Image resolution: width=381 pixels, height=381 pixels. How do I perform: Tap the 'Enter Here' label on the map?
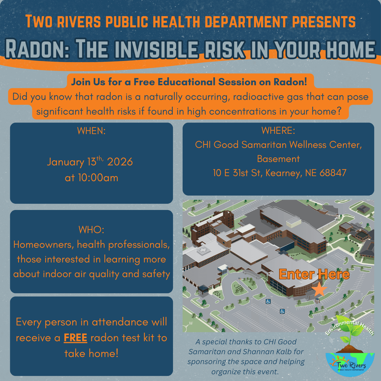(x=314, y=274)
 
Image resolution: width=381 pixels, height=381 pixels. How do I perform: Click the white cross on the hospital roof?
(x=202, y=251)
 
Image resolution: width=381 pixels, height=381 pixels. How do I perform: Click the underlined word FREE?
(x=75, y=338)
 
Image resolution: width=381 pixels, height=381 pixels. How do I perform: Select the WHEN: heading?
(x=91, y=131)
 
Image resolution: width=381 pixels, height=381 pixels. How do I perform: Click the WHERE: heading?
(x=278, y=130)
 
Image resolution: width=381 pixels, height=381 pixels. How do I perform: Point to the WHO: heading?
(x=91, y=229)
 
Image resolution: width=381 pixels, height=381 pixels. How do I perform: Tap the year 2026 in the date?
(x=120, y=162)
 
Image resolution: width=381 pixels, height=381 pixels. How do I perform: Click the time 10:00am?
(x=98, y=178)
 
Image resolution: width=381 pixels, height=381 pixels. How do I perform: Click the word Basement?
(x=278, y=159)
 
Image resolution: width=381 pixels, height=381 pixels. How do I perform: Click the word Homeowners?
(x=44, y=245)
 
